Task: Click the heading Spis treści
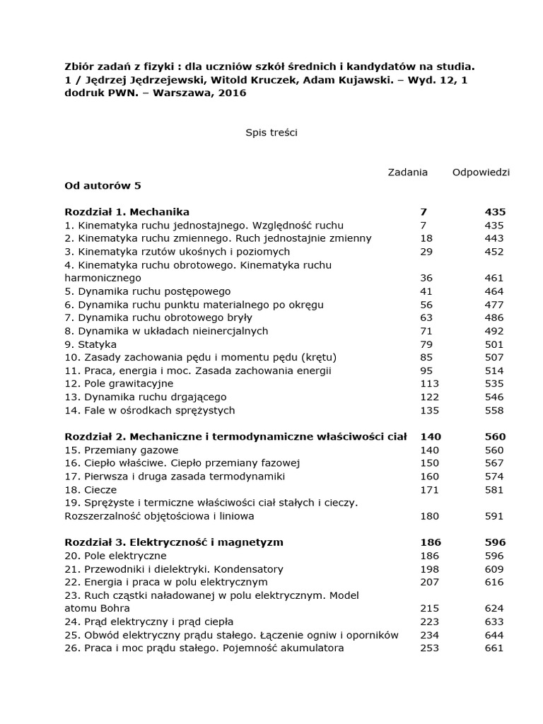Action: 271,133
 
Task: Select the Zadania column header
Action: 407,173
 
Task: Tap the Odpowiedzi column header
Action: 481,173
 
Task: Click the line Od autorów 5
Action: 103,185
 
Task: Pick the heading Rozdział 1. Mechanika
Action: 127,211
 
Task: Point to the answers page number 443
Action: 494,238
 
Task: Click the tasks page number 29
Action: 426,251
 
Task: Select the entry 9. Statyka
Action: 90,344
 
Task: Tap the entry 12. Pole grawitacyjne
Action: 118,383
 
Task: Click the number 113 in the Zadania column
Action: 429,383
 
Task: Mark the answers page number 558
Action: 494,410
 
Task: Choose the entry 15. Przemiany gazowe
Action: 121,450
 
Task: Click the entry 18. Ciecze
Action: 90,489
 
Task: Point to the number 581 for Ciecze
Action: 494,489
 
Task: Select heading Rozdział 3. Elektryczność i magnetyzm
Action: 174,542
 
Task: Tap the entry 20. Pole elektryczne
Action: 115,556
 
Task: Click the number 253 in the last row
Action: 429,648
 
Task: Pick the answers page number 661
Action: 494,648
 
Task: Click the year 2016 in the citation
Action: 232,93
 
